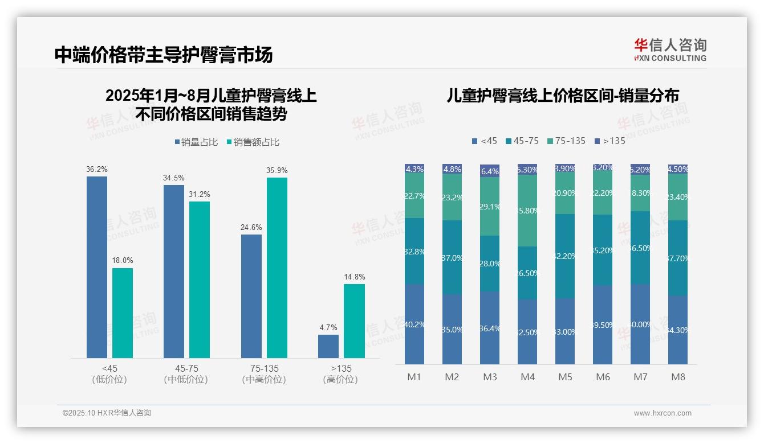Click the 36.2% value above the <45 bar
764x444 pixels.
point(97,170)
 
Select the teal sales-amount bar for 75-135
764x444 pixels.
point(277,268)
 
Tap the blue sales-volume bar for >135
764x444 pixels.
point(328,346)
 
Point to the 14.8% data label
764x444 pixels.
point(354,277)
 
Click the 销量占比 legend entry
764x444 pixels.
point(196,142)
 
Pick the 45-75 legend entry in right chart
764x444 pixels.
point(522,141)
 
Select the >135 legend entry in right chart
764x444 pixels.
point(609,141)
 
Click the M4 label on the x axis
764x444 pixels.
point(527,377)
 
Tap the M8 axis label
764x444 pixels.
point(678,377)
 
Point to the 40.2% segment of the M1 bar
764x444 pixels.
point(414,324)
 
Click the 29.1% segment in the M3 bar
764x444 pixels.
point(490,207)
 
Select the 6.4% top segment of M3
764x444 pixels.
point(490,171)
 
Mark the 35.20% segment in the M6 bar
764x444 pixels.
point(603,250)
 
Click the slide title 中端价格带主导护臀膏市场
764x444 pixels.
point(164,55)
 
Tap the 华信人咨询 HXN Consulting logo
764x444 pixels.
point(670,50)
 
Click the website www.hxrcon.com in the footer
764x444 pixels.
point(663,413)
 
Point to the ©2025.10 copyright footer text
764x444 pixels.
point(107,413)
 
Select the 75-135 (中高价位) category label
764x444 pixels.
point(264,374)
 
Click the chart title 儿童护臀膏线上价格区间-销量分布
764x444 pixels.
point(563,96)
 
